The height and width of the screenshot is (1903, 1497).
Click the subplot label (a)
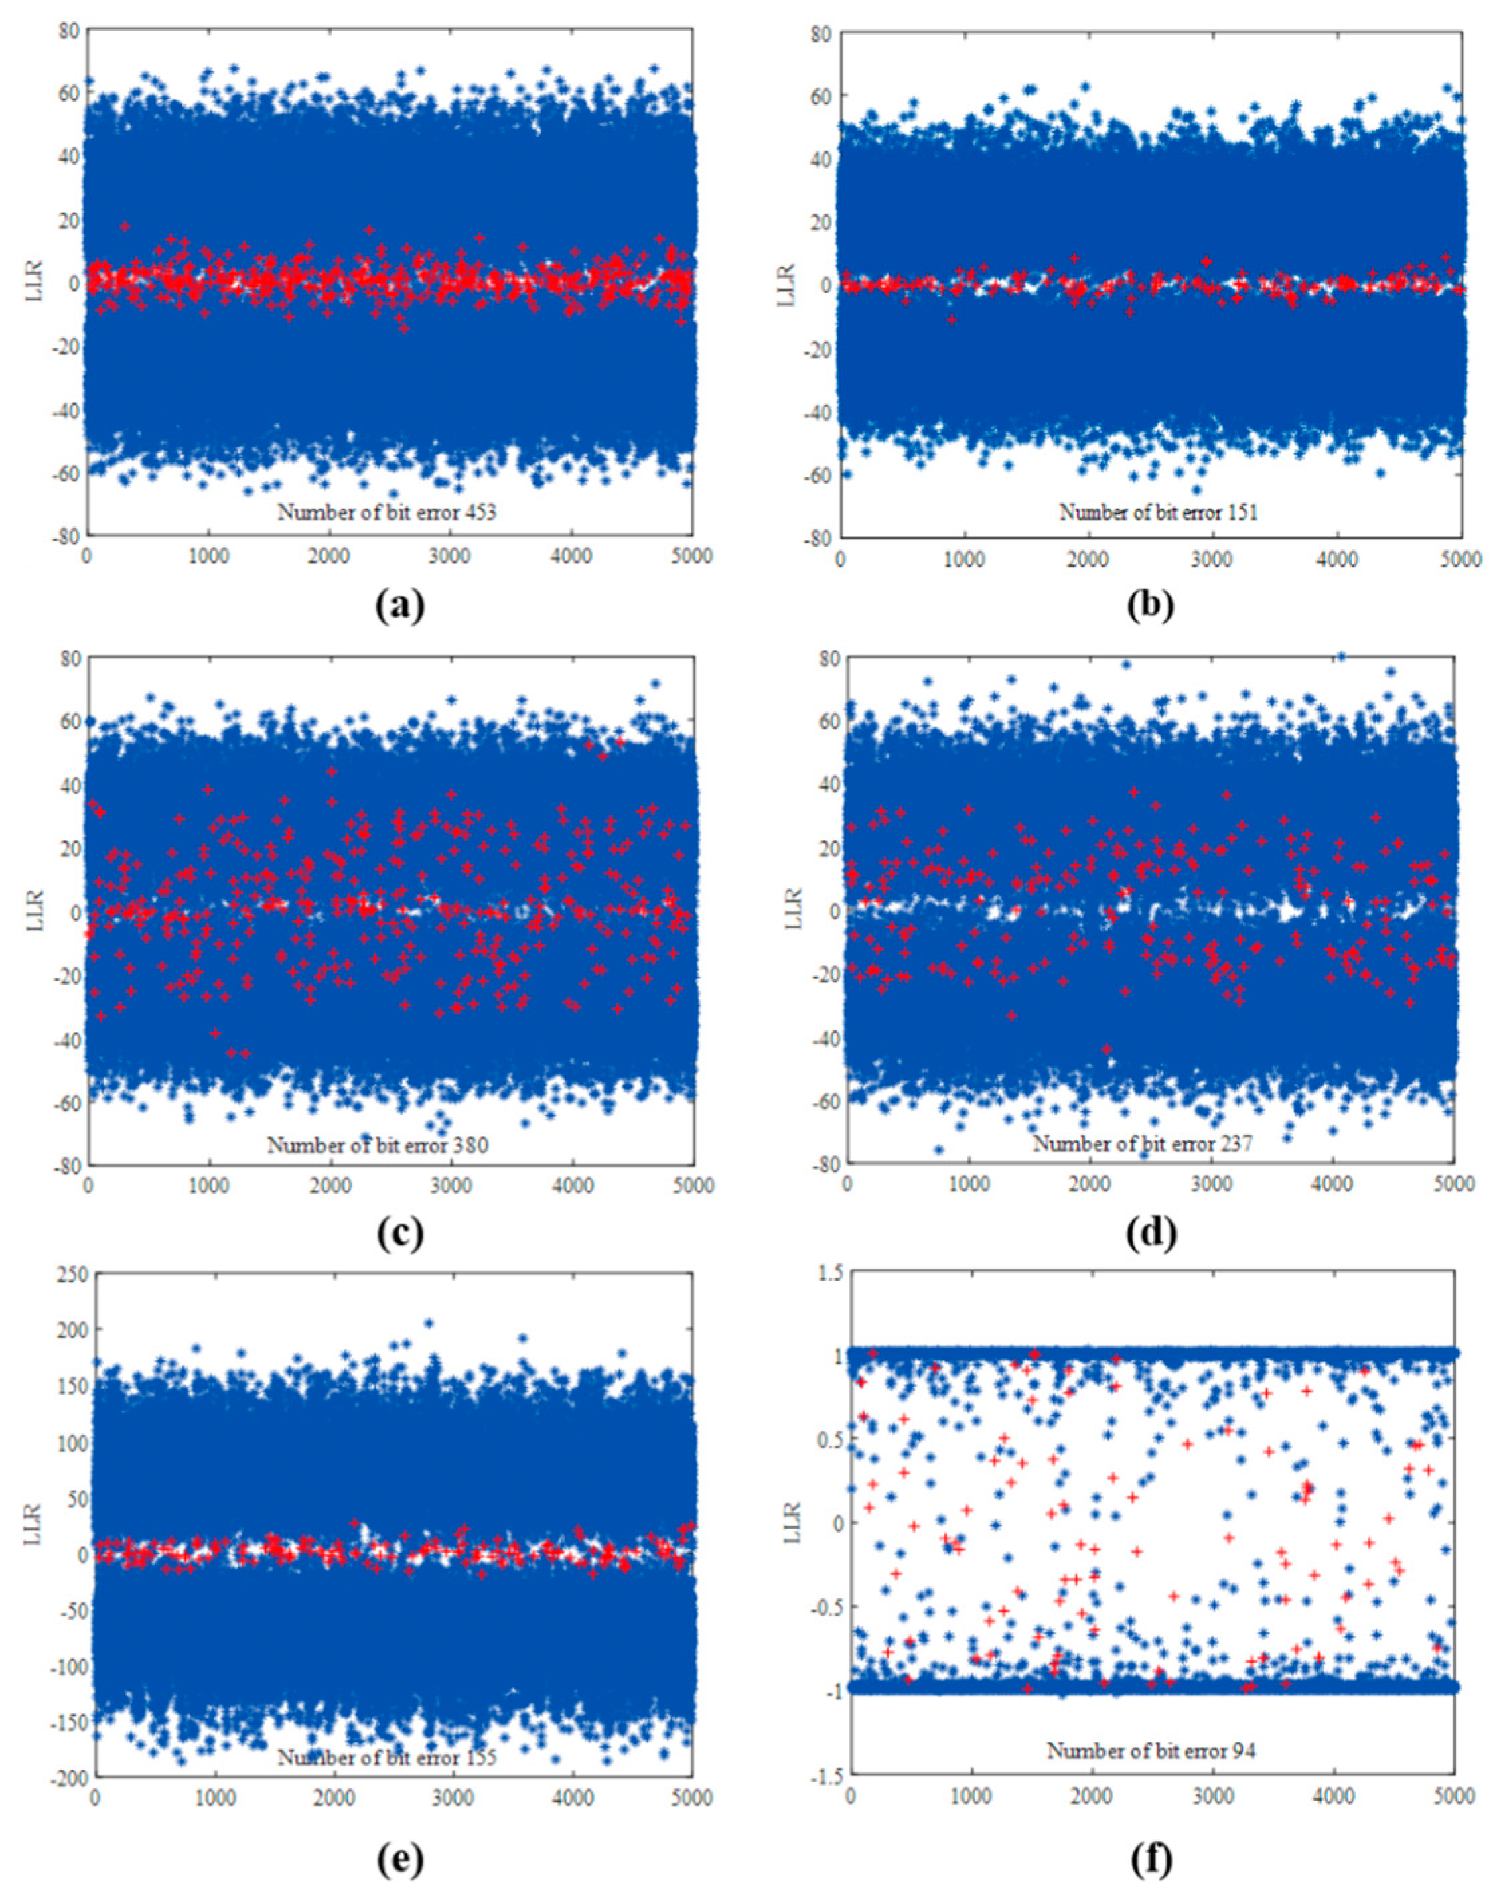(400, 606)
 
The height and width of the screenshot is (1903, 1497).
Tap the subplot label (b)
(1151, 606)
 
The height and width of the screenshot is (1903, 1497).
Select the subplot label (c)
(400, 1233)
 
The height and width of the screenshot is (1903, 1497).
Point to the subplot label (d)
(1151, 1233)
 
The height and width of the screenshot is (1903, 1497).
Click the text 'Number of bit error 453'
(386, 512)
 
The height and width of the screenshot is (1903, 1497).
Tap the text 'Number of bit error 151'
(1158, 512)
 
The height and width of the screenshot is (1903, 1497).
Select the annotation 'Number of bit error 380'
(378, 1145)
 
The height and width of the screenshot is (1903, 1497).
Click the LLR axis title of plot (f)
(792, 1523)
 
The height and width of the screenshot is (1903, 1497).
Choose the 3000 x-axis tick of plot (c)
(452, 1184)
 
